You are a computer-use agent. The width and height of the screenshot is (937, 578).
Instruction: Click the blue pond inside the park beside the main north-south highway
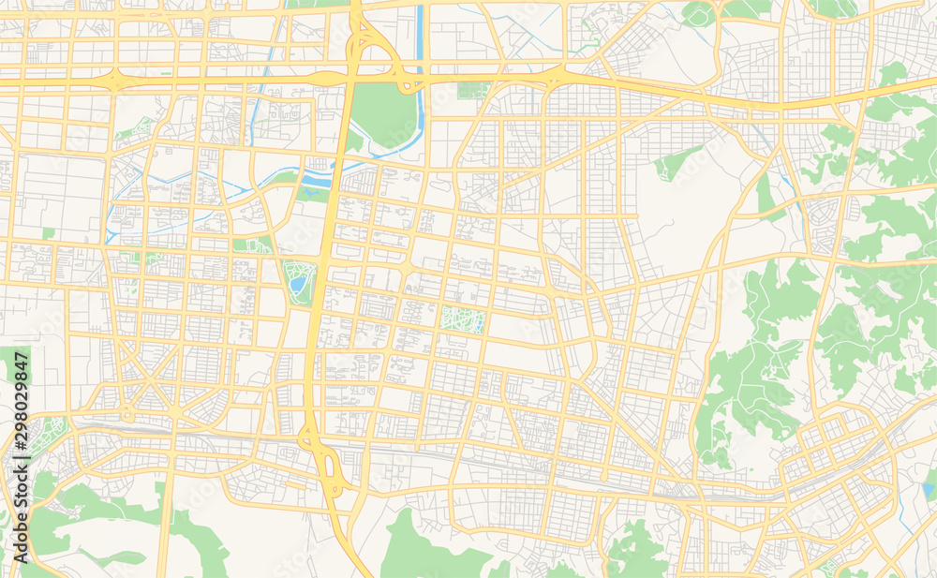298,281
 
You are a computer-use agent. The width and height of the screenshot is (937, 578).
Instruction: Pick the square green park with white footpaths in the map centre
463,320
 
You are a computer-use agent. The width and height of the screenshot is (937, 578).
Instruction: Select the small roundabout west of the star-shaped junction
126,414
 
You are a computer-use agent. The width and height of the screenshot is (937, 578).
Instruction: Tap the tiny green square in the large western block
48,232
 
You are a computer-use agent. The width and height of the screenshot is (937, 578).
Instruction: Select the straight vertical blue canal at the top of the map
420,37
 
